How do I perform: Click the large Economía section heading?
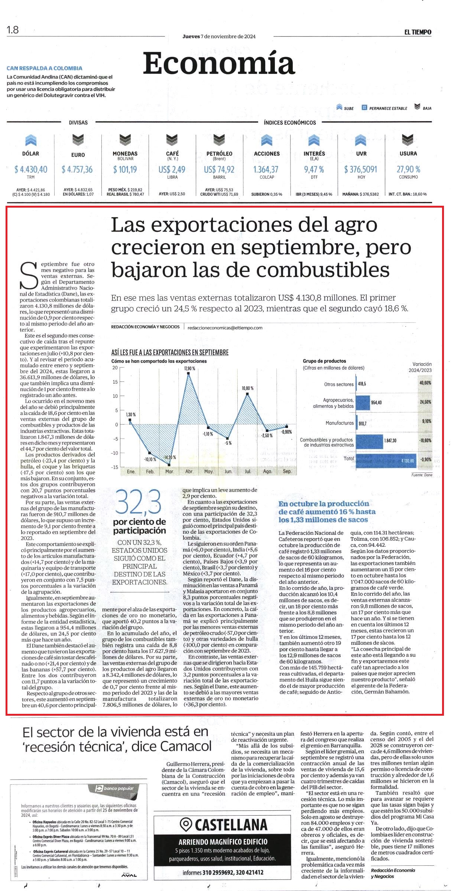(219, 64)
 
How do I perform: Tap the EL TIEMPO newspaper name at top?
(418, 32)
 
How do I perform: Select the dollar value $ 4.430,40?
(31, 169)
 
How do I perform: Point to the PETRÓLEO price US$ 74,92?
(219, 169)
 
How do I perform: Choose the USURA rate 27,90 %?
(408, 169)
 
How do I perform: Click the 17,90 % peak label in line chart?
(189, 368)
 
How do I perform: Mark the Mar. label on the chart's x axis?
(169, 471)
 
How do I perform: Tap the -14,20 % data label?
(170, 457)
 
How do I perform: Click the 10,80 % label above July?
(247, 388)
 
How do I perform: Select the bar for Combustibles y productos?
(369, 441)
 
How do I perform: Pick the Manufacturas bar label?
(340, 423)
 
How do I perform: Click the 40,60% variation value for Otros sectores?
(425, 383)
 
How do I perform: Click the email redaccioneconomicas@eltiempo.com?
(225, 328)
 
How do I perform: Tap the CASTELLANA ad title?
(223, 825)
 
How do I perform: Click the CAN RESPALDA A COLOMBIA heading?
(45, 68)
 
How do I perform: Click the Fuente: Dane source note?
(422, 475)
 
